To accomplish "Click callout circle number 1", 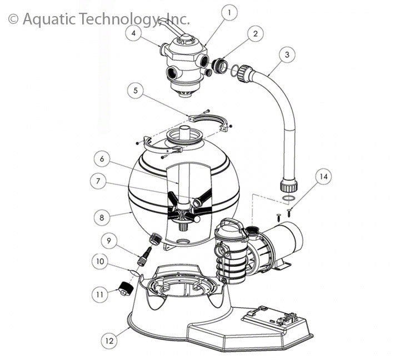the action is (x=229, y=13).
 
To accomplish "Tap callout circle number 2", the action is (x=256, y=33).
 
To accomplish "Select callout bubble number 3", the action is (x=287, y=54).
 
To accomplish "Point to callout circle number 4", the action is (x=134, y=33).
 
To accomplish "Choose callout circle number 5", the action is (x=136, y=91).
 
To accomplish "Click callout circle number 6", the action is (x=102, y=159).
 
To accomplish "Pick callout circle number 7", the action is (x=98, y=181).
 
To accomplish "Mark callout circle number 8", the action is (x=102, y=218).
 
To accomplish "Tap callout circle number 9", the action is (x=109, y=241).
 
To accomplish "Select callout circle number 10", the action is (x=100, y=261).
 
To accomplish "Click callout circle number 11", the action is (x=100, y=294).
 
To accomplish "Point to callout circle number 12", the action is (x=109, y=341).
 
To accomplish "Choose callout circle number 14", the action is (x=323, y=176).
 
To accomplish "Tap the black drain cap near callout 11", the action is (x=126, y=289).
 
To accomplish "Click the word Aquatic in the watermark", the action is (x=49, y=19).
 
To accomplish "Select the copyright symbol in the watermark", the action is (x=13, y=19).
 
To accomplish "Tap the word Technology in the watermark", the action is (x=117, y=19).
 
